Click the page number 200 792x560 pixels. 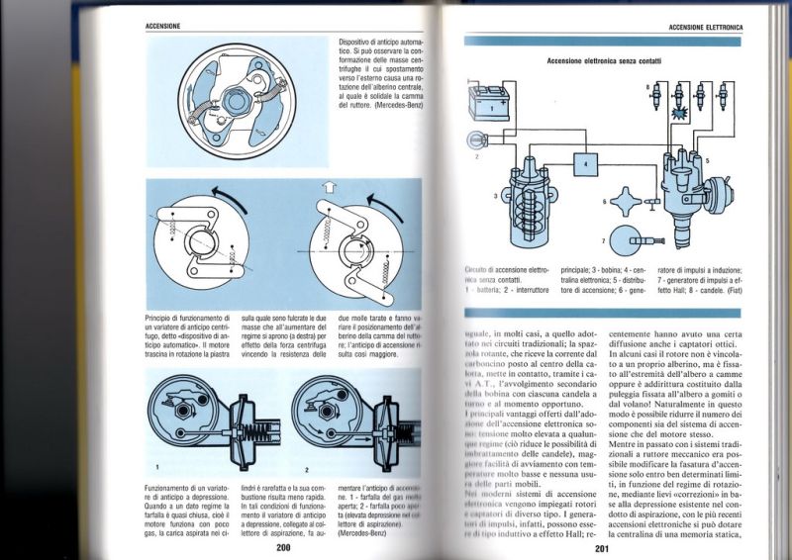283,547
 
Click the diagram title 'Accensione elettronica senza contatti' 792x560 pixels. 604,61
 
